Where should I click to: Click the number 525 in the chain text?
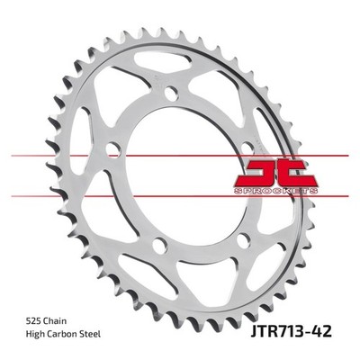coord(34,321)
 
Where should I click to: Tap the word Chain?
coord(55,321)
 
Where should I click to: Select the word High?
coord(33,334)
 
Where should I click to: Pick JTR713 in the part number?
coord(275,332)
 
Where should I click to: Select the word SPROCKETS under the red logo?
coord(275,192)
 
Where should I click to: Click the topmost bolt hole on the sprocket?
coord(172,94)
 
